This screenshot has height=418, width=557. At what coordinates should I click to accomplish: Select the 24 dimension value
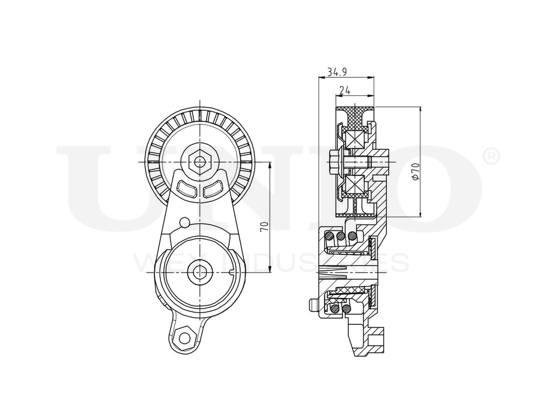(x=344, y=89)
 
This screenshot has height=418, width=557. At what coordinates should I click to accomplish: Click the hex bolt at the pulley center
(x=199, y=162)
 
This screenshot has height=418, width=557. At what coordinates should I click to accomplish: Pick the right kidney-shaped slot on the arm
(x=213, y=191)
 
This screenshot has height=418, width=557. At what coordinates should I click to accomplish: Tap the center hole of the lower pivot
(x=199, y=271)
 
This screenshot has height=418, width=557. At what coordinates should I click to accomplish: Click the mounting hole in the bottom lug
(x=181, y=336)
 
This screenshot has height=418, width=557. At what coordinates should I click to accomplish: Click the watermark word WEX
(x=162, y=262)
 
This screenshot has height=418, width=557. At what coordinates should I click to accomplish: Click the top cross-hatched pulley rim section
(x=354, y=115)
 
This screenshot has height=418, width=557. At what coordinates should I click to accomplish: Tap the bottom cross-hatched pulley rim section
(x=354, y=207)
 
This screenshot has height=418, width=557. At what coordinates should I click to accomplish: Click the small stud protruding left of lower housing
(x=310, y=303)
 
